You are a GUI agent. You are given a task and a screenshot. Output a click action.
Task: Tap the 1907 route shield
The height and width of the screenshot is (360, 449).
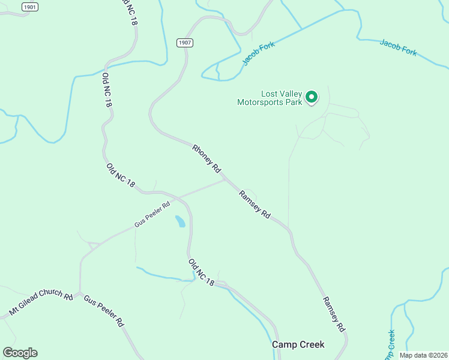coord(184,43)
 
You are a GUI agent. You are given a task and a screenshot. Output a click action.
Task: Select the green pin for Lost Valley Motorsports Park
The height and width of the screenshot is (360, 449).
coord(312,97)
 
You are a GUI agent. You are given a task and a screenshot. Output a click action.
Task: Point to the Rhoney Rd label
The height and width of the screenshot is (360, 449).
coord(207,158)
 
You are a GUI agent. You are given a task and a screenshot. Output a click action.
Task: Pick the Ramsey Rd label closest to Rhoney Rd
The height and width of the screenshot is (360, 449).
coord(255,204)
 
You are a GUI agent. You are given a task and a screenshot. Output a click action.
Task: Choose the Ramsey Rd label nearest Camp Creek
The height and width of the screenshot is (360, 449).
coord(334,314)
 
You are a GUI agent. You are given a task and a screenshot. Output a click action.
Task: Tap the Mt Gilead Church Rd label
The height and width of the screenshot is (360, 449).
coord(41,304)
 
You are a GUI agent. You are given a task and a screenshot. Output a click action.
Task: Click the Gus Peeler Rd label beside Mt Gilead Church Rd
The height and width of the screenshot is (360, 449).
coord(103,310)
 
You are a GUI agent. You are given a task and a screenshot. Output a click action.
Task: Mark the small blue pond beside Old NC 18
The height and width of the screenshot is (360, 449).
coord(179,221)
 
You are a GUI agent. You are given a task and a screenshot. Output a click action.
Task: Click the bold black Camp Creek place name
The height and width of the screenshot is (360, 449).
coord(298,344)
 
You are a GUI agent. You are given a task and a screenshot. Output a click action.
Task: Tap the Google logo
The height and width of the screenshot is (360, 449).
coord(20,353)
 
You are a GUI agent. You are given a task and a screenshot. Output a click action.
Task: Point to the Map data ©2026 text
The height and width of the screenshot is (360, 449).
coord(423,355)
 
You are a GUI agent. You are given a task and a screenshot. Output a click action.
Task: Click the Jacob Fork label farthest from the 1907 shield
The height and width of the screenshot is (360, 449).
coord(398,48)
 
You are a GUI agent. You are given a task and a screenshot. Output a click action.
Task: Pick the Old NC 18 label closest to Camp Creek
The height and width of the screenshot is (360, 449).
coord(201,272)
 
